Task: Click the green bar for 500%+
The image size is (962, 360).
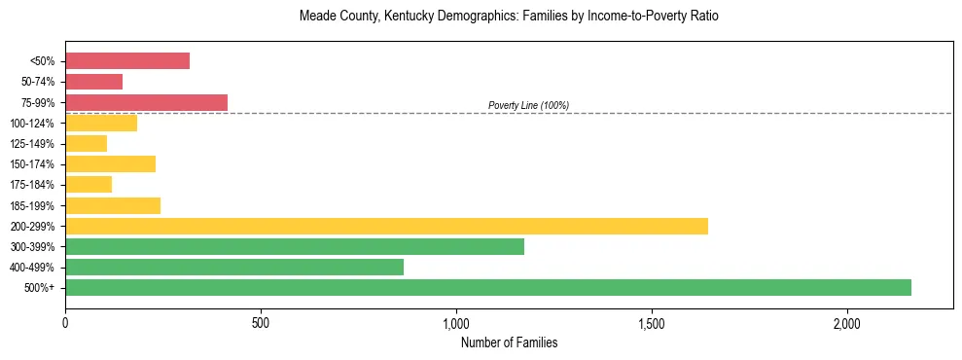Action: (x=487, y=287)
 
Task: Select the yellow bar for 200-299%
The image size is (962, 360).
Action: (x=386, y=226)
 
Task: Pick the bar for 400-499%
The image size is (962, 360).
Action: (x=233, y=267)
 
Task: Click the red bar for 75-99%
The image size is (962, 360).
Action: (x=146, y=102)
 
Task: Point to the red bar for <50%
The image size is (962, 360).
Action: (x=126, y=61)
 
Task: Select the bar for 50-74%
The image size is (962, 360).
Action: (x=93, y=82)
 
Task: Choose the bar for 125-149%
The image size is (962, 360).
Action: (x=86, y=143)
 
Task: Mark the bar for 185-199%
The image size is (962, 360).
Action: (x=112, y=205)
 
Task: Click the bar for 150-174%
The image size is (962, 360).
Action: (x=110, y=163)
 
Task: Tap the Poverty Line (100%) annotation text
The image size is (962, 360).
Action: (x=528, y=105)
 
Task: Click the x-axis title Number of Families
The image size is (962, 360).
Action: (x=509, y=342)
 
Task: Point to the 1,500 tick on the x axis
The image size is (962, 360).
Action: (x=651, y=322)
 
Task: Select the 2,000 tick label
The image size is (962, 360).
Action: (x=846, y=322)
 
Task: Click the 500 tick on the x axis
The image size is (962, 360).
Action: (x=261, y=322)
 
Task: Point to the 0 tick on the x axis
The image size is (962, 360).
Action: (x=65, y=322)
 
